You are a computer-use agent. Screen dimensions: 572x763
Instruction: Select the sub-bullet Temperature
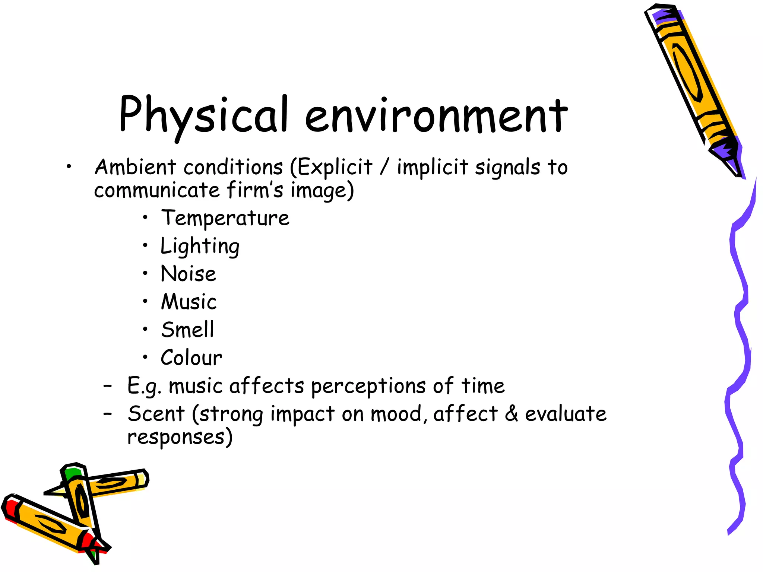click(225, 218)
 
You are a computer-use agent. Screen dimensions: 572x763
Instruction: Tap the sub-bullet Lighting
click(200, 246)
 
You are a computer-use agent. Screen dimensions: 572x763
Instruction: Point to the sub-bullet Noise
click(188, 274)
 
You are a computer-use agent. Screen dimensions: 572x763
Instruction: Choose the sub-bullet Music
click(189, 302)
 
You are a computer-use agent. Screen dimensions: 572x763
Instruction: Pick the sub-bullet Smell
click(188, 330)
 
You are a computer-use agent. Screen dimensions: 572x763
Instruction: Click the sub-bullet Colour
click(191, 358)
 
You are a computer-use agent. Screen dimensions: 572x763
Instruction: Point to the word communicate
click(157, 190)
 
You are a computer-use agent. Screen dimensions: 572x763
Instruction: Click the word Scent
click(156, 414)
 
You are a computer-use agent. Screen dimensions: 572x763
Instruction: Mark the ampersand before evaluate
click(512, 414)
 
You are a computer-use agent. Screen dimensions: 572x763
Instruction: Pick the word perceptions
click(368, 387)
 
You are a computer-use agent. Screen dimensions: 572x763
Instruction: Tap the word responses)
click(180, 437)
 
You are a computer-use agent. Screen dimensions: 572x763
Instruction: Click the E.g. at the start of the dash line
click(144, 387)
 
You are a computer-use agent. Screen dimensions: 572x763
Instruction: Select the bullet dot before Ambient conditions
click(69, 167)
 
